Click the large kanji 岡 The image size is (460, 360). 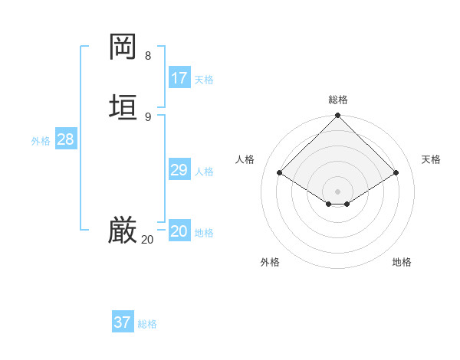(123, 47)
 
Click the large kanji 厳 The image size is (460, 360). (123, 231)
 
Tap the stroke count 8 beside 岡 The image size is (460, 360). (148, 56)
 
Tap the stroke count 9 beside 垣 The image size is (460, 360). (148, 116)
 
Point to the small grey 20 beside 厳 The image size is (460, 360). (147, 240)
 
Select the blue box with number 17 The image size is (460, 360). (179, 77)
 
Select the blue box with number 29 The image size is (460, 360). (179, 170)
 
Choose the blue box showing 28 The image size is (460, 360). (65, 139)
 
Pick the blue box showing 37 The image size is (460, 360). (123, 322)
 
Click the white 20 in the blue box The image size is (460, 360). (179, 231)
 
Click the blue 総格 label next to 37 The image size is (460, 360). (147, 324)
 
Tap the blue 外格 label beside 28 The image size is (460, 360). (41, 141)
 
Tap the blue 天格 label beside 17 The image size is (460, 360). (204, 79)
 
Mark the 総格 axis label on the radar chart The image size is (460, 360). (338, 100)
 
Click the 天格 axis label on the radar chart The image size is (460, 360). (431, 159)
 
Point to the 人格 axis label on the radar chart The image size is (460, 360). (245, 159)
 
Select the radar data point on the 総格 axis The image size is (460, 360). (338, 116)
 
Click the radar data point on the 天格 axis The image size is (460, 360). (396, 173)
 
